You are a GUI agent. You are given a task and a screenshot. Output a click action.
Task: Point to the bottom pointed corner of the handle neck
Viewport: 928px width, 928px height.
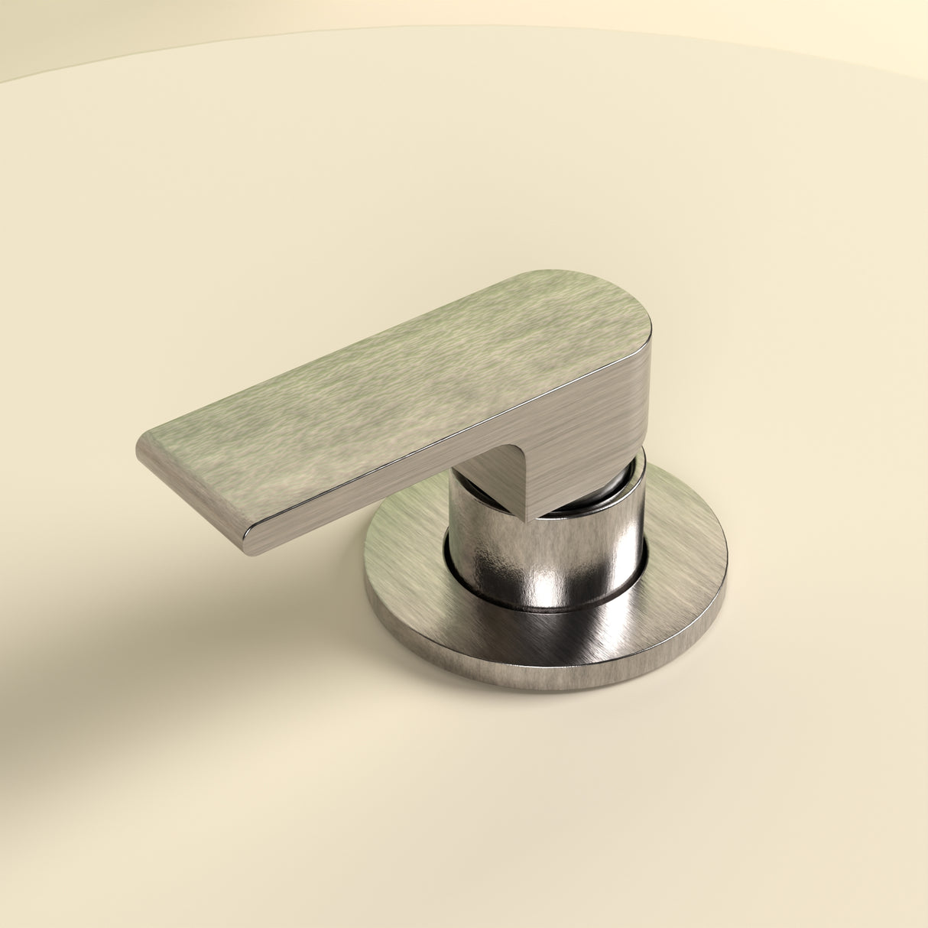(x=527, y=520)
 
